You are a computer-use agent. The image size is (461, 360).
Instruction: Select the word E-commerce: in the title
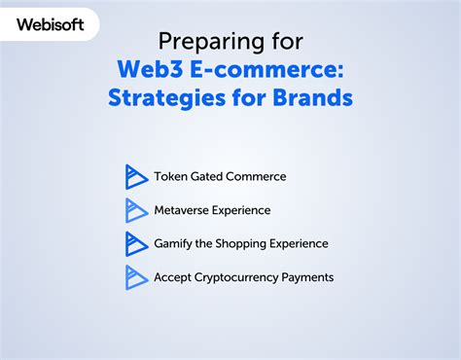tap(273, 71)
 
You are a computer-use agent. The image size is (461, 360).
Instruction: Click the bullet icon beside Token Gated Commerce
tap(136, 176)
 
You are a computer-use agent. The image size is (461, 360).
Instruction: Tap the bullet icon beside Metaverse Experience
tap(136, 210)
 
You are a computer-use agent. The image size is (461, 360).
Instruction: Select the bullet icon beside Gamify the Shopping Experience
tap(136, 243)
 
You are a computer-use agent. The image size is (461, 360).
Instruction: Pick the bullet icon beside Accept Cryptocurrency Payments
tap(136, 277)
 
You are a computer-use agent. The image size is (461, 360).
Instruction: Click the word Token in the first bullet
tap(170, 176)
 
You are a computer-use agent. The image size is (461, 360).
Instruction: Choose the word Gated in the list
tap(208, 176)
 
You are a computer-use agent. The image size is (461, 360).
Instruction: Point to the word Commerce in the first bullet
tap(258, 176)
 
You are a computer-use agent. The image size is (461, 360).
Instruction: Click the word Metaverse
tap(184, 210)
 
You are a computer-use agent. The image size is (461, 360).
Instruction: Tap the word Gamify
tap(173, 243)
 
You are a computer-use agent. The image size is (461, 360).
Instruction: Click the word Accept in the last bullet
tap(172, 277)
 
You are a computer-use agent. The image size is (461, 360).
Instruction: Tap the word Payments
tap(307, 277)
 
